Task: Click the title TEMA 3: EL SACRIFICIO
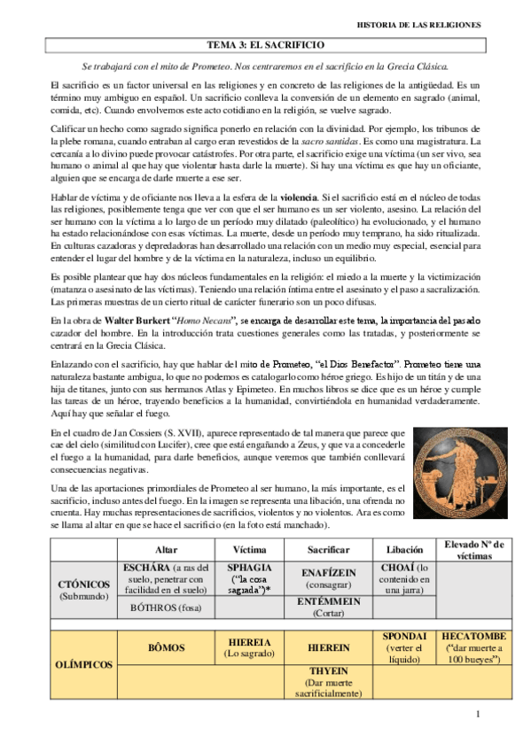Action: [265, 44]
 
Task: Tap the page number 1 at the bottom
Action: [476, 714]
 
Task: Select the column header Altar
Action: [165, 549]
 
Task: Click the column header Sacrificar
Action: [328, 549]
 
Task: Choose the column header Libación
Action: [405, 549]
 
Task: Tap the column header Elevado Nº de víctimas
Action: [474, 549]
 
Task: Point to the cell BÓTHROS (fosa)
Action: [165, 607]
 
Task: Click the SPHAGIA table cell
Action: [249, 577]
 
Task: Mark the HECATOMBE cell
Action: [474, 647]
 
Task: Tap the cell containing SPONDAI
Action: [405, 647]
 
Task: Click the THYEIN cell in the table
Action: [328, 681]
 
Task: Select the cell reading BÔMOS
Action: [165, 647]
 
